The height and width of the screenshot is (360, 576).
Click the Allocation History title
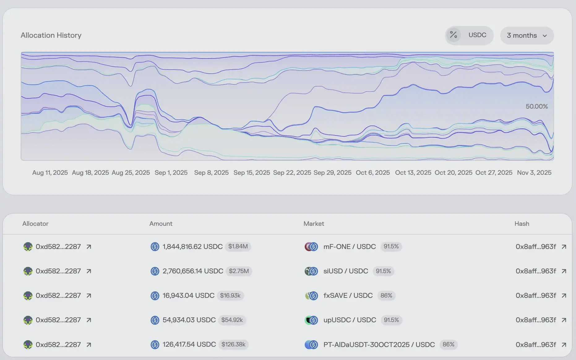(51, 35)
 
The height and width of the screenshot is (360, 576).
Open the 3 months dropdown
(527, 36)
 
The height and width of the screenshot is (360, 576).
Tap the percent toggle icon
(453, 35)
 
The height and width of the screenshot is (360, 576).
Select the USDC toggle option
(477, 35)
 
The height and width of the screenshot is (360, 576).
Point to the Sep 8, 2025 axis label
(211, 173)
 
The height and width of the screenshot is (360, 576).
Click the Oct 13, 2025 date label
(413, 173)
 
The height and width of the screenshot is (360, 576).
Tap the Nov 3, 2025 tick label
(534, 173)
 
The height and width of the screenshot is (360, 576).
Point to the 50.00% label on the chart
(536, 106)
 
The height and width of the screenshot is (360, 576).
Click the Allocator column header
(35, 224)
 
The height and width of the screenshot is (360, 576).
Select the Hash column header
(522, 224)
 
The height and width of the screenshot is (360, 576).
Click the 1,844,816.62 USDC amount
(192, 246)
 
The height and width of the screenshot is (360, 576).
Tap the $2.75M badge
(239, 271)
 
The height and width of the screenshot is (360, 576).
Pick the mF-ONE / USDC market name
(350, 246)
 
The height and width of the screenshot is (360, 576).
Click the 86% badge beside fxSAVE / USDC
(386, 296)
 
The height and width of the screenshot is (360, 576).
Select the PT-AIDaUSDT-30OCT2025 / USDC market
(379, 345)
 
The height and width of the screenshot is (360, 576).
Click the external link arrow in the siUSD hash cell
(564, 271)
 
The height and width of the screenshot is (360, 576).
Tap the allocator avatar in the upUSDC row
(28, 320)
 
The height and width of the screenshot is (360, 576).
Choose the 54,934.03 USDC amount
(189, 320)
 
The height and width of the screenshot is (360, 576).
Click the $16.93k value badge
(230, 296)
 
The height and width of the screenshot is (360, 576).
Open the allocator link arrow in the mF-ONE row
(89, 247)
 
